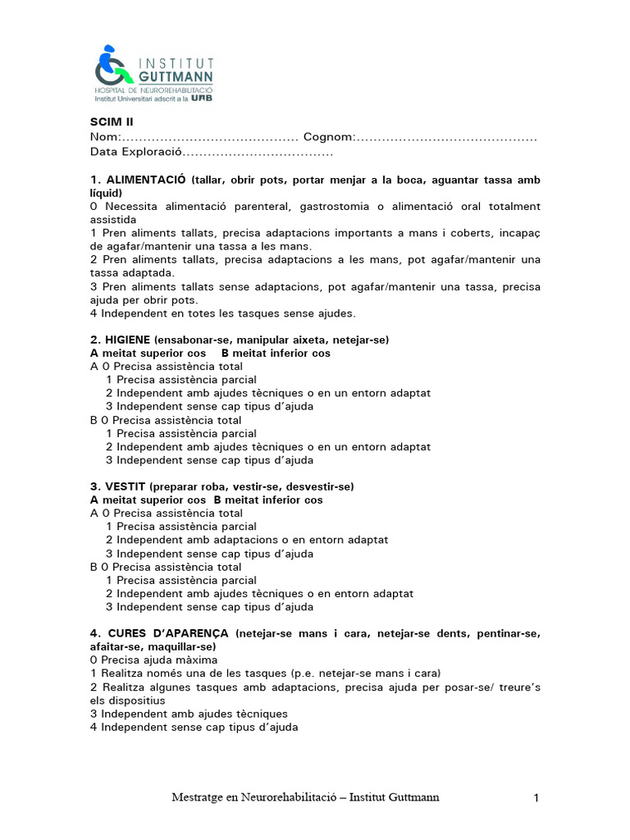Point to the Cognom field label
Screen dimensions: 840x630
328,136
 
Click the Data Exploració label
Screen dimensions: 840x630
135,152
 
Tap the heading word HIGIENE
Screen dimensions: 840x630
126,340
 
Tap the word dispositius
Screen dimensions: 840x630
141,701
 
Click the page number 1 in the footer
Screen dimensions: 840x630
535,797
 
